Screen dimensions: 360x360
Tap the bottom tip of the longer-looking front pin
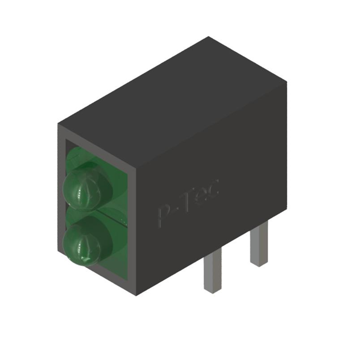(x=211, y=290)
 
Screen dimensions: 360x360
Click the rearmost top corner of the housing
(x=209, y=38)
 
